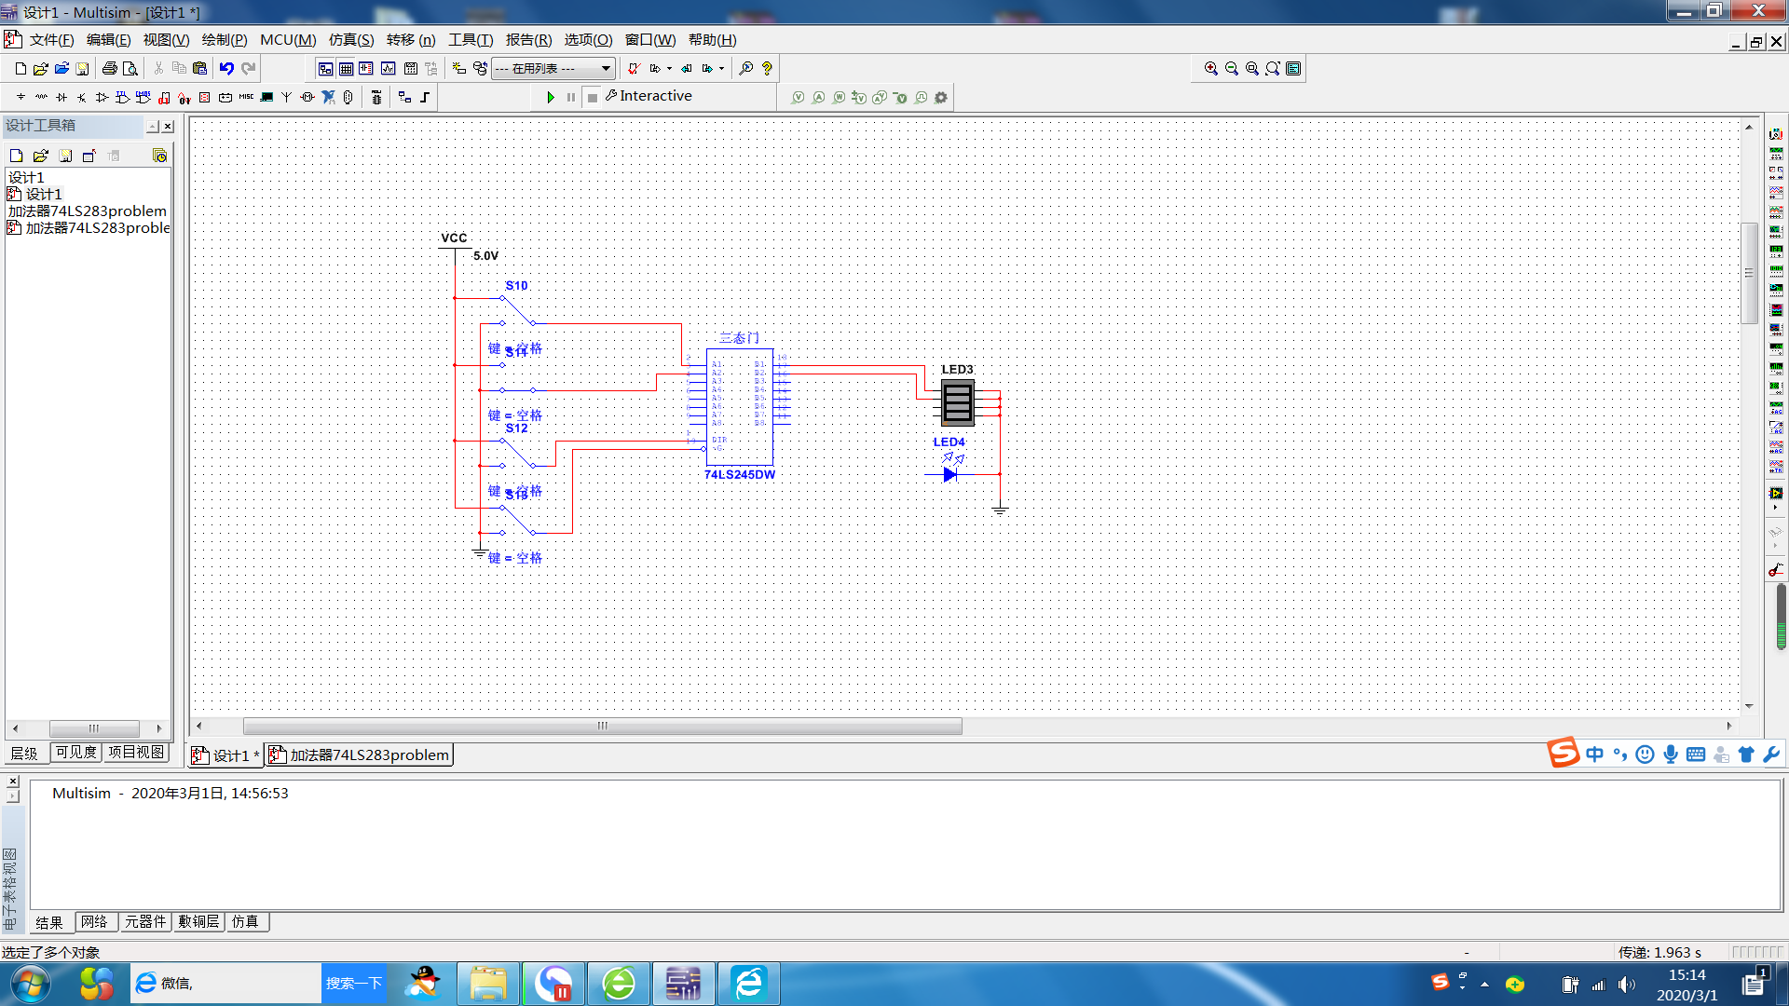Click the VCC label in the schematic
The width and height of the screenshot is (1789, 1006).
tap(454, 238)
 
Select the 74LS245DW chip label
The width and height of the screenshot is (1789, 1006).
tap(739, 475)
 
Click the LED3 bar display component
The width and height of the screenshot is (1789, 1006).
tap(958, 402)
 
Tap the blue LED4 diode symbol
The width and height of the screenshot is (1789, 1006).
tap(949, 474)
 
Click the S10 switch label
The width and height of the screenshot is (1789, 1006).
tap(516, 286)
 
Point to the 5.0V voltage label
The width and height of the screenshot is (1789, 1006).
tap(485, 256)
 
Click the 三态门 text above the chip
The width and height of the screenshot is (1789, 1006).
tap(739, 338)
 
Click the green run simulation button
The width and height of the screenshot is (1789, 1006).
tap(551, 97)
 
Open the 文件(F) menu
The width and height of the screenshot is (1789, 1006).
tap(51, 40)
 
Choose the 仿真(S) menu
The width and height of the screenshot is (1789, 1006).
tap(350, 40)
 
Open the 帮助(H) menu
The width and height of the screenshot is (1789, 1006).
tap(712, 40)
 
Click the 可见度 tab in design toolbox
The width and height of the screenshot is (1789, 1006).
tap(75, 753)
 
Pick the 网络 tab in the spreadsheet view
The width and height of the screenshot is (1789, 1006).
tap(94, 922)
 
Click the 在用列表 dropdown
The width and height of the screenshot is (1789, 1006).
tap(553, 69)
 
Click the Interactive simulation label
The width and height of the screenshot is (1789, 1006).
tap(655, 96)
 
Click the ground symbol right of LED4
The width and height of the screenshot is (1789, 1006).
tap(1000, 510)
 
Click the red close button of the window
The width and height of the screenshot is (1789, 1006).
tap(1758, 11)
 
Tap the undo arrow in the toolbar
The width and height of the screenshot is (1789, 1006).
tap(226, 69)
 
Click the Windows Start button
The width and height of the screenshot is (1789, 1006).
tap(31, 984)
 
